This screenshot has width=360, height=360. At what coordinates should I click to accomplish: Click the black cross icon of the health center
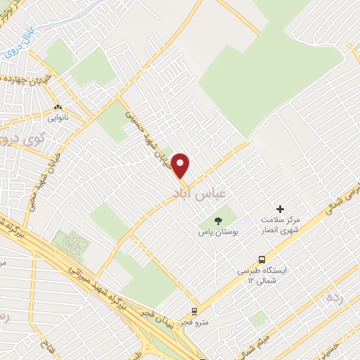(280, 209)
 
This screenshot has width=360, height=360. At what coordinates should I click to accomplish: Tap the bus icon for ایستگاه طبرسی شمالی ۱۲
(263, 259)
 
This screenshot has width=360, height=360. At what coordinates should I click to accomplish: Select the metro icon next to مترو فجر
(195, 310)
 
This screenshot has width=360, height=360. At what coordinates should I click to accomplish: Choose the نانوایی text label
(58, 119)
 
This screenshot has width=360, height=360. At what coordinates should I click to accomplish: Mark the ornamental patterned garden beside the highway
(75, 245)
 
